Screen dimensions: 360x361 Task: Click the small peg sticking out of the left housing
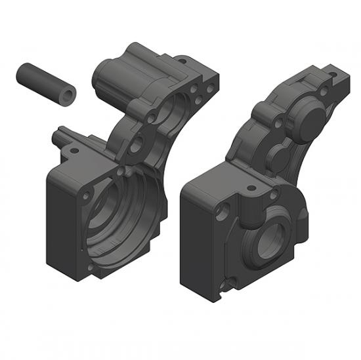point(60,136)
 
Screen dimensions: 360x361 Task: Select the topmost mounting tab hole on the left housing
point(183,62)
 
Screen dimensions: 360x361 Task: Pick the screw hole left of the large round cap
point(280,123)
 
